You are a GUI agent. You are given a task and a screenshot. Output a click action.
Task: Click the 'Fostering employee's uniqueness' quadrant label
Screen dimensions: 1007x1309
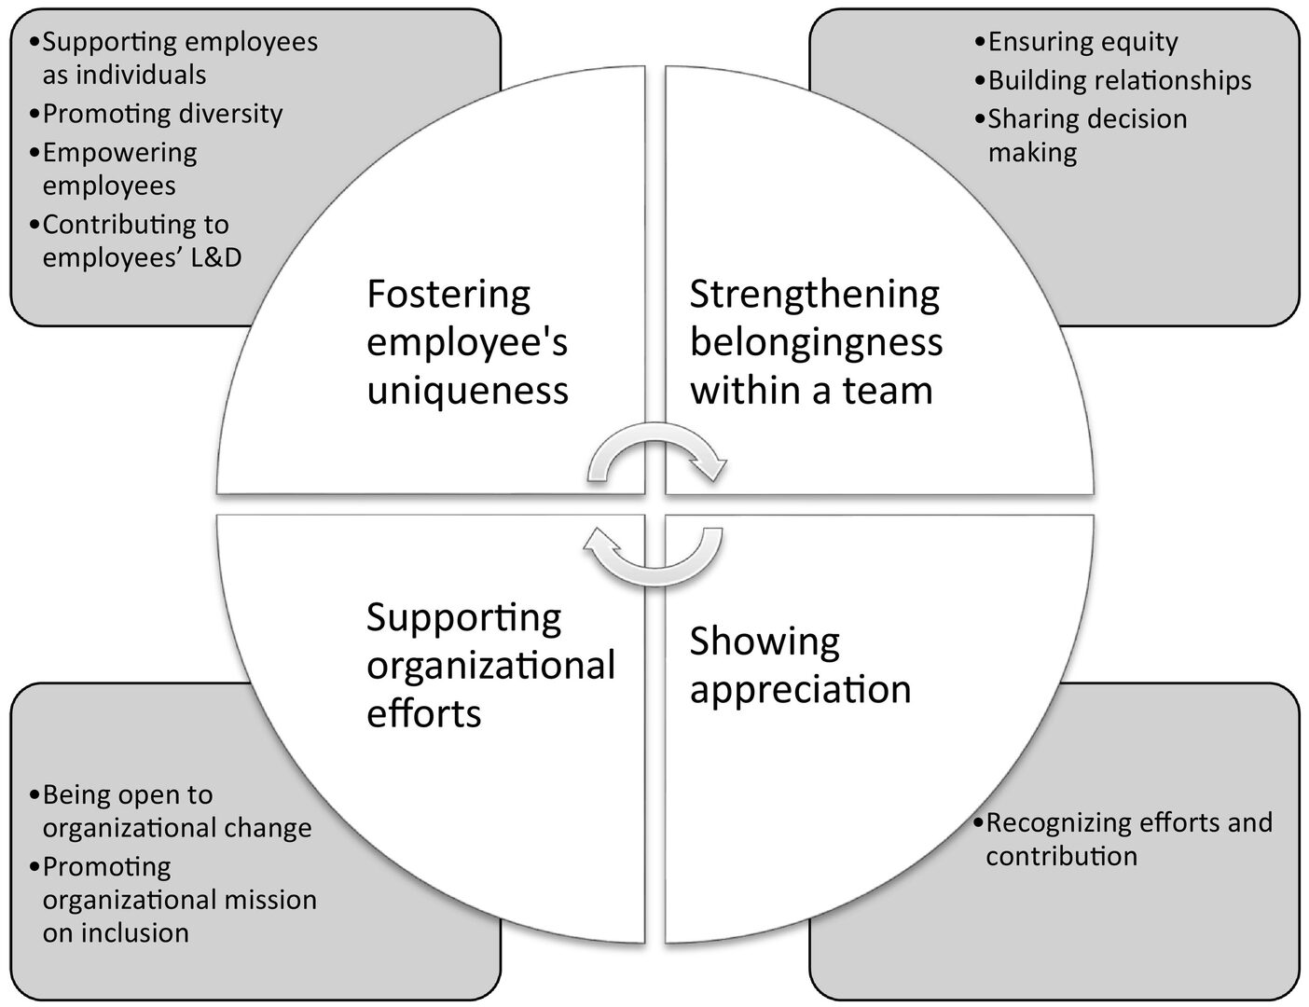(467, 342)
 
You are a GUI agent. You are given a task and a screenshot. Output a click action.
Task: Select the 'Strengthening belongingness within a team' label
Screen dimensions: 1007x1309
(816, 342)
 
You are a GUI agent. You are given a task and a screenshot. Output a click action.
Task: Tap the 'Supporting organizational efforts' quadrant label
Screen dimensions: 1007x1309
(490, 665)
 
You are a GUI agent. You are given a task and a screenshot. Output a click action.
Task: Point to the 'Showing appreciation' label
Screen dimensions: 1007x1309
(800, 665)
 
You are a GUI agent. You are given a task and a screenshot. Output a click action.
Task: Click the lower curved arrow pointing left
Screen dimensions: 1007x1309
(653, 556)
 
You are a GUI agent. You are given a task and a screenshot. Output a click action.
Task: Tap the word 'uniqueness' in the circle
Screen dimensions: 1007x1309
(467, 391)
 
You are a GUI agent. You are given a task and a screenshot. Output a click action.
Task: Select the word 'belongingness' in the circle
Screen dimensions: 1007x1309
(816, 342)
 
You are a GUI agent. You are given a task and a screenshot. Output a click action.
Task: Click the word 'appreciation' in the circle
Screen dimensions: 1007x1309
(800, 690)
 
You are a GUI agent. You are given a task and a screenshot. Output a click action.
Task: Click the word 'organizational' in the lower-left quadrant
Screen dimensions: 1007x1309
(490, 666)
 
